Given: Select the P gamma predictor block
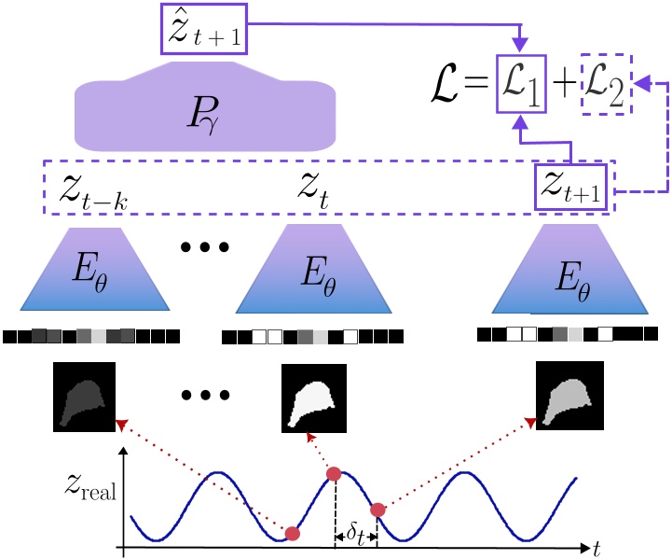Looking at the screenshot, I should tap(204, 110).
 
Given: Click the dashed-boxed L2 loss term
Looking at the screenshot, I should tap(607, 94).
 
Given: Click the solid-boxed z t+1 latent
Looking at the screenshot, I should tap(570, 188).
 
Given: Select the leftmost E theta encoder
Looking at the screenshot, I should tap(91, 273).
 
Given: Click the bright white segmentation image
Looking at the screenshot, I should tap(314, 395).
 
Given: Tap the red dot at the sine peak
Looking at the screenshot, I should tap(334, 475).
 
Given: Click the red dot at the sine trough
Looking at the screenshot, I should tap(293, 534).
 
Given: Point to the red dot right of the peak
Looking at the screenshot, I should tap(377, 510).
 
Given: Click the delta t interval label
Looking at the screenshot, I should tap(355, 535).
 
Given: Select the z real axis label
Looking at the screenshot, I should tap(89, 489).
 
